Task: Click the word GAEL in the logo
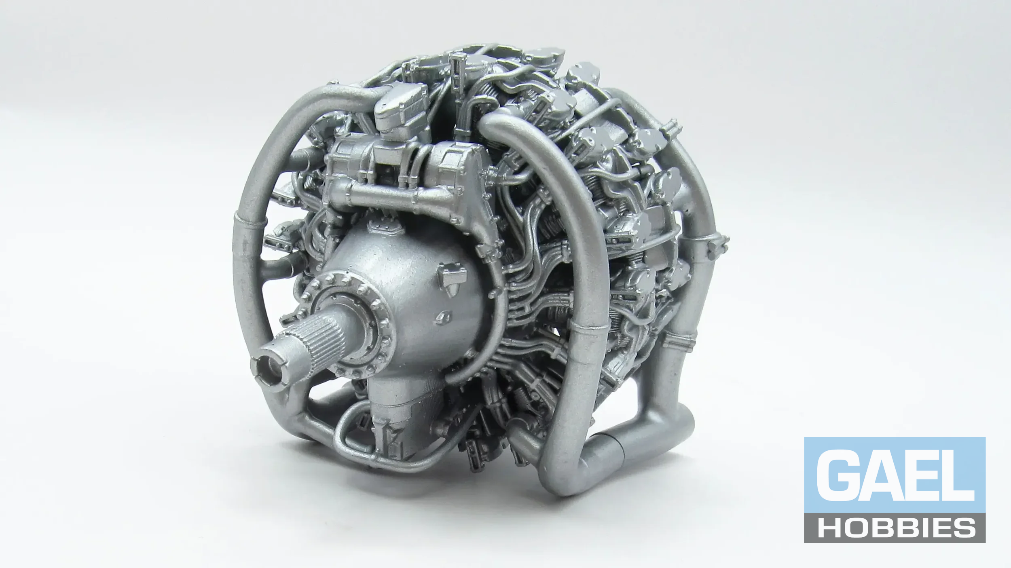(895, 476)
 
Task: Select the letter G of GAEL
(836, 476)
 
